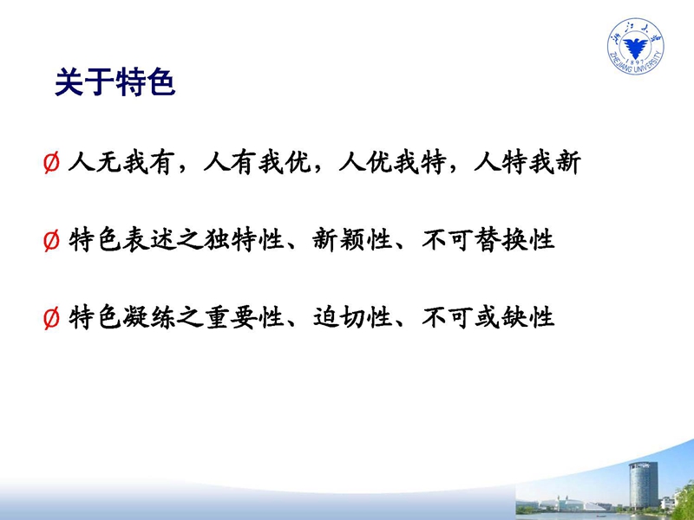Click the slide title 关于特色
115,81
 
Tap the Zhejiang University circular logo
636,46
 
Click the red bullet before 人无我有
51,163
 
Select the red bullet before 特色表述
51,241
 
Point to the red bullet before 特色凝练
51,318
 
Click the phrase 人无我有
120,162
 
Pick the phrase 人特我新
527,162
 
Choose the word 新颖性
352,241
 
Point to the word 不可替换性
488,241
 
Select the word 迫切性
352,318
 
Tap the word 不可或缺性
488,318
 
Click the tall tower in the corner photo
643,485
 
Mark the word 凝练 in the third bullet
149,318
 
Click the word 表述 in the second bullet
149,241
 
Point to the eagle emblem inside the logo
636,47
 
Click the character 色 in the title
161,81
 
